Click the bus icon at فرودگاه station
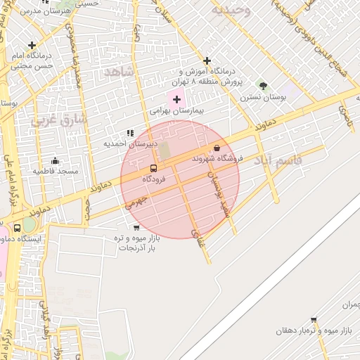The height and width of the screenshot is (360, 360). (x=153, y=169)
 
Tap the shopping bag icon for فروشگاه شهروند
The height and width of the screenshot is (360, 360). (x=216, y=148)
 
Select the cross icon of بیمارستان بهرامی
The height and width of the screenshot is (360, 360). (x=176, y=100)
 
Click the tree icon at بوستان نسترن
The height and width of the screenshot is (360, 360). (x=264, y=85)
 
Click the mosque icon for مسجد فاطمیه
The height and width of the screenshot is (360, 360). (x=56, y=161)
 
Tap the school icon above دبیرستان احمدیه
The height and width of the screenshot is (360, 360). (x=129, y=133)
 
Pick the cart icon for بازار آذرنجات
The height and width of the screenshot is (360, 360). (x=136, y=227)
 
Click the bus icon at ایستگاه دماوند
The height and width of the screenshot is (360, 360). (x=18, y=229)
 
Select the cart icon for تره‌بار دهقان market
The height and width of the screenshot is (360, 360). (x=313, y=320)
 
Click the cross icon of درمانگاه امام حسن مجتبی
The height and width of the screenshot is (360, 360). (x=32, y=45)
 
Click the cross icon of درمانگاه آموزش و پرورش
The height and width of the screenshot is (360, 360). (x=207, y=61)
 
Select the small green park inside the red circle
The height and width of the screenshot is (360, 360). (x=164, y=150)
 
